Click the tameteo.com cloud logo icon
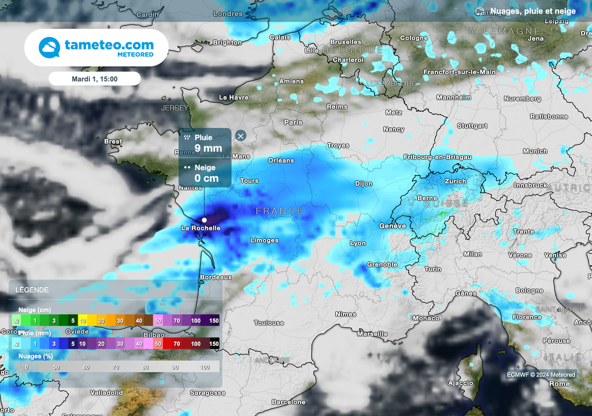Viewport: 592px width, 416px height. click(x=49, y=47)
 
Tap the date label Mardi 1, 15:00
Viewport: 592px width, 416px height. click(x=94, y=78)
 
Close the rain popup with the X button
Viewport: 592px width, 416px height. click(x=240, y=136)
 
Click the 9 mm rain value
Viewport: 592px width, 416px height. click(x=208, y=148)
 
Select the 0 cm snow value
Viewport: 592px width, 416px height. click(x=206, y=178)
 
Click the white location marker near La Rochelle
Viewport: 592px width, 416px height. click(x=204, y=220)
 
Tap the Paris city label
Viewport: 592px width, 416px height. click(x=293, y=123)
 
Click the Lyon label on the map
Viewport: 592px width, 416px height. click(x=358, y=244)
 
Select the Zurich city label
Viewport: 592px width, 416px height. click(x=456, y=181)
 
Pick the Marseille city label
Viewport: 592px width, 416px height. click(x=372, y=334)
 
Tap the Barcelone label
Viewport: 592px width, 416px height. click(x=288, y=402)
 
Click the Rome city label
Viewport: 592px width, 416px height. click(x=559, y=384)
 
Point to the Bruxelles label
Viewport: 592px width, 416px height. click(x=346, y=42)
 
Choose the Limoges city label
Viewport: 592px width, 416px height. click(x=264, y=240)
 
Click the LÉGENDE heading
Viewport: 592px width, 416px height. click(x=32, y=290)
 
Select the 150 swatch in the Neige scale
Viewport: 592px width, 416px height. click(x=214, y=321)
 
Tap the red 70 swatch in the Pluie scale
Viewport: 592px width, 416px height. click(x=176, y=344)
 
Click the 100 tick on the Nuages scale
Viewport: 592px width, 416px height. click(x=205, y=367)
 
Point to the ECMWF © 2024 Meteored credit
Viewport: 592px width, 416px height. click(x=541, y=375)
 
